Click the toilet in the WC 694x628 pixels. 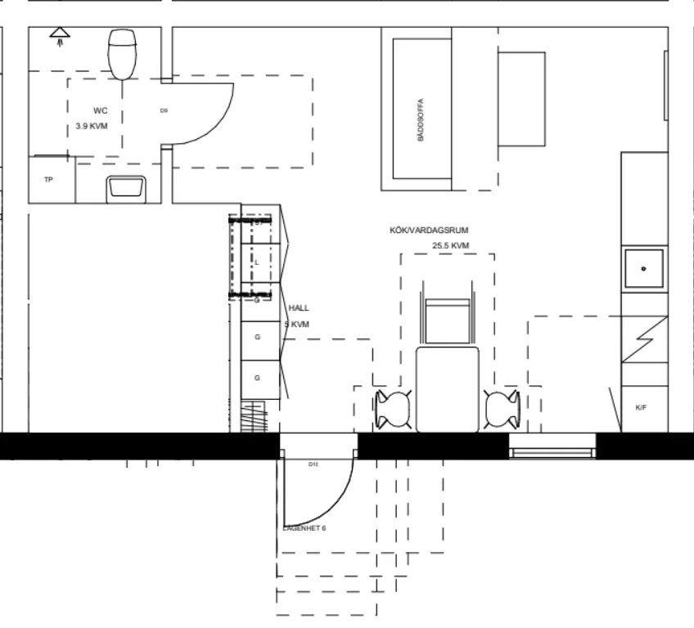(x=122, y=53)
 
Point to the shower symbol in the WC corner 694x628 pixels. (x=60, y=35)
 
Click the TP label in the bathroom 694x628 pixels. (x=48, y=179)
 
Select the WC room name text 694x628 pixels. (x=100, y=110)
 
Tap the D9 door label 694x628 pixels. (x=164, y=110)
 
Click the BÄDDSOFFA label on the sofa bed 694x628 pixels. (x=421, y=121)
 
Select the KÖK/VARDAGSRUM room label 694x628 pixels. (x=429, y=231)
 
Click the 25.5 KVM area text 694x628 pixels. (x=450, y=245)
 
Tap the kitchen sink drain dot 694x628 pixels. (x=644, y=268)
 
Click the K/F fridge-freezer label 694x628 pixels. (x=640, y=406)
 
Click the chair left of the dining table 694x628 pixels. (x=393, y=408)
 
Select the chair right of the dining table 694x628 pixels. (x=501, y=408)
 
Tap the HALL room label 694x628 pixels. (x=299, y=308)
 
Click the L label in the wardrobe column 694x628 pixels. (x=257, y=262)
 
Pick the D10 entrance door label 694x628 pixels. (x=313, y=464)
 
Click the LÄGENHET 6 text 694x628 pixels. (x=304, y=528)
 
